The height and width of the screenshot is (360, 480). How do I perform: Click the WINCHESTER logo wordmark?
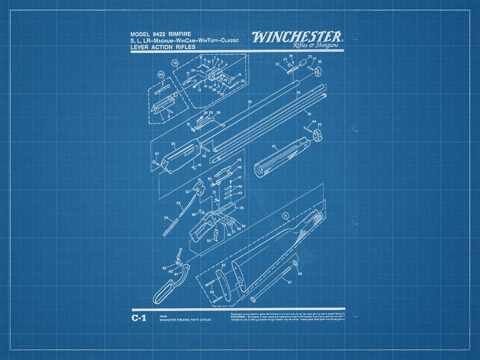pyautogui.click(x=297, y=37)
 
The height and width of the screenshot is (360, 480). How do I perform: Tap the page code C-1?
pyautogui.click(x=138, y=318)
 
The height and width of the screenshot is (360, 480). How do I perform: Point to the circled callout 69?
pyautogui.click(x=160, y=74)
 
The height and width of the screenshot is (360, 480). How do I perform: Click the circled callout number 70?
pyautogui.click(x=174, y=63)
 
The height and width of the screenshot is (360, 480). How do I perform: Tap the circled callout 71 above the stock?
pyautogui.click(x=285, y=217)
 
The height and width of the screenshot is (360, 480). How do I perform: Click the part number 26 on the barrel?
pyautogui.click(x=249, y=101)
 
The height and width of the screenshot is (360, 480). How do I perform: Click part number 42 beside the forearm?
pyautogui.click(x=273, y=146)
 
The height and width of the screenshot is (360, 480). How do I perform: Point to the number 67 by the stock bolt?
pyautogui.click(x=289, y=281)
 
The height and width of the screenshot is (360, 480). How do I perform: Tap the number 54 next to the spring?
pyautogui.click(x=166, y=217)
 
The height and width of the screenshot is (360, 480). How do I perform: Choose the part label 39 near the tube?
pyautogui.click(x=309, y=114)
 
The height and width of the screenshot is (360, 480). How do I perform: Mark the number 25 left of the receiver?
pyautogui.click(x=173, y=144)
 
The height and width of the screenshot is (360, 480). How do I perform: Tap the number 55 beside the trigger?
pyautogui.click(x=209, y=241)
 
